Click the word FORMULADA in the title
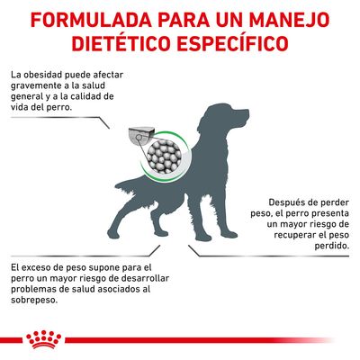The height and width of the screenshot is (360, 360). (80, 19)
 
